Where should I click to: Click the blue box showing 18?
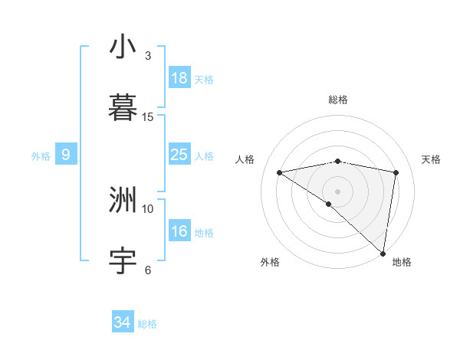[179, 78]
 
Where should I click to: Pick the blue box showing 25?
[179, 155]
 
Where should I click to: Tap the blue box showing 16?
[179, 231]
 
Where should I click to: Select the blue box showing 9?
[66, 155]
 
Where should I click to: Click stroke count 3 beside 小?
[148, 56]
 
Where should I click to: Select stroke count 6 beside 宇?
[148, 270]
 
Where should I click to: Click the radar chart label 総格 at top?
[338, 100]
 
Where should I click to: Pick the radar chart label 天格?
[431, 159]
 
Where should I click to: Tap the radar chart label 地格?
[402, 262]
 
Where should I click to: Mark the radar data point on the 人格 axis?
[280, 172]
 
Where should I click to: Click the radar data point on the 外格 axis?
[329, 204]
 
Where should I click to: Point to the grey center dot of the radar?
[338, 191]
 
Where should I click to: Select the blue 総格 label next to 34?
[147, 324]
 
